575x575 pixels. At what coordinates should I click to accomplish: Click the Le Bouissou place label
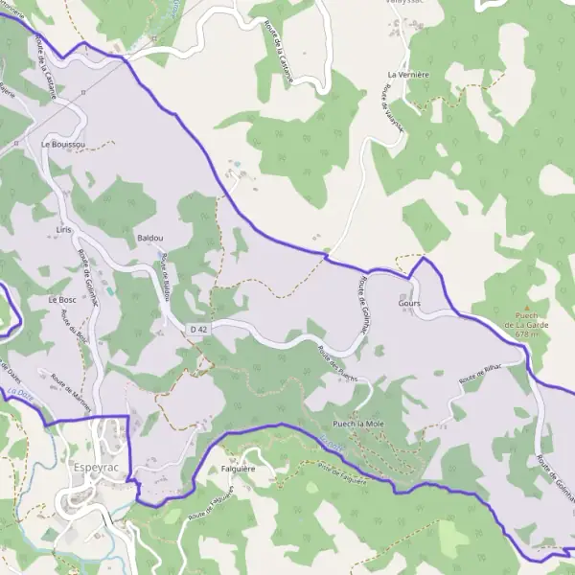tap(63, 144)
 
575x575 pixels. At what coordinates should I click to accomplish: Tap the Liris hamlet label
tap(64, 231)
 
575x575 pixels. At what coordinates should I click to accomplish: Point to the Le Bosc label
tap(61, 300)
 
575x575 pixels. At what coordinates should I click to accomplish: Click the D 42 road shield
tap(198, 330)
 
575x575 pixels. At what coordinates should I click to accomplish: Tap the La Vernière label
tap(405, 74)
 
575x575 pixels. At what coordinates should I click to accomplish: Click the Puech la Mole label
tap(357, 423)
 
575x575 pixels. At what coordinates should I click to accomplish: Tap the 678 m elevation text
tap(527, 334)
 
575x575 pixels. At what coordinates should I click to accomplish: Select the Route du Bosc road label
tap(73, 326)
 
